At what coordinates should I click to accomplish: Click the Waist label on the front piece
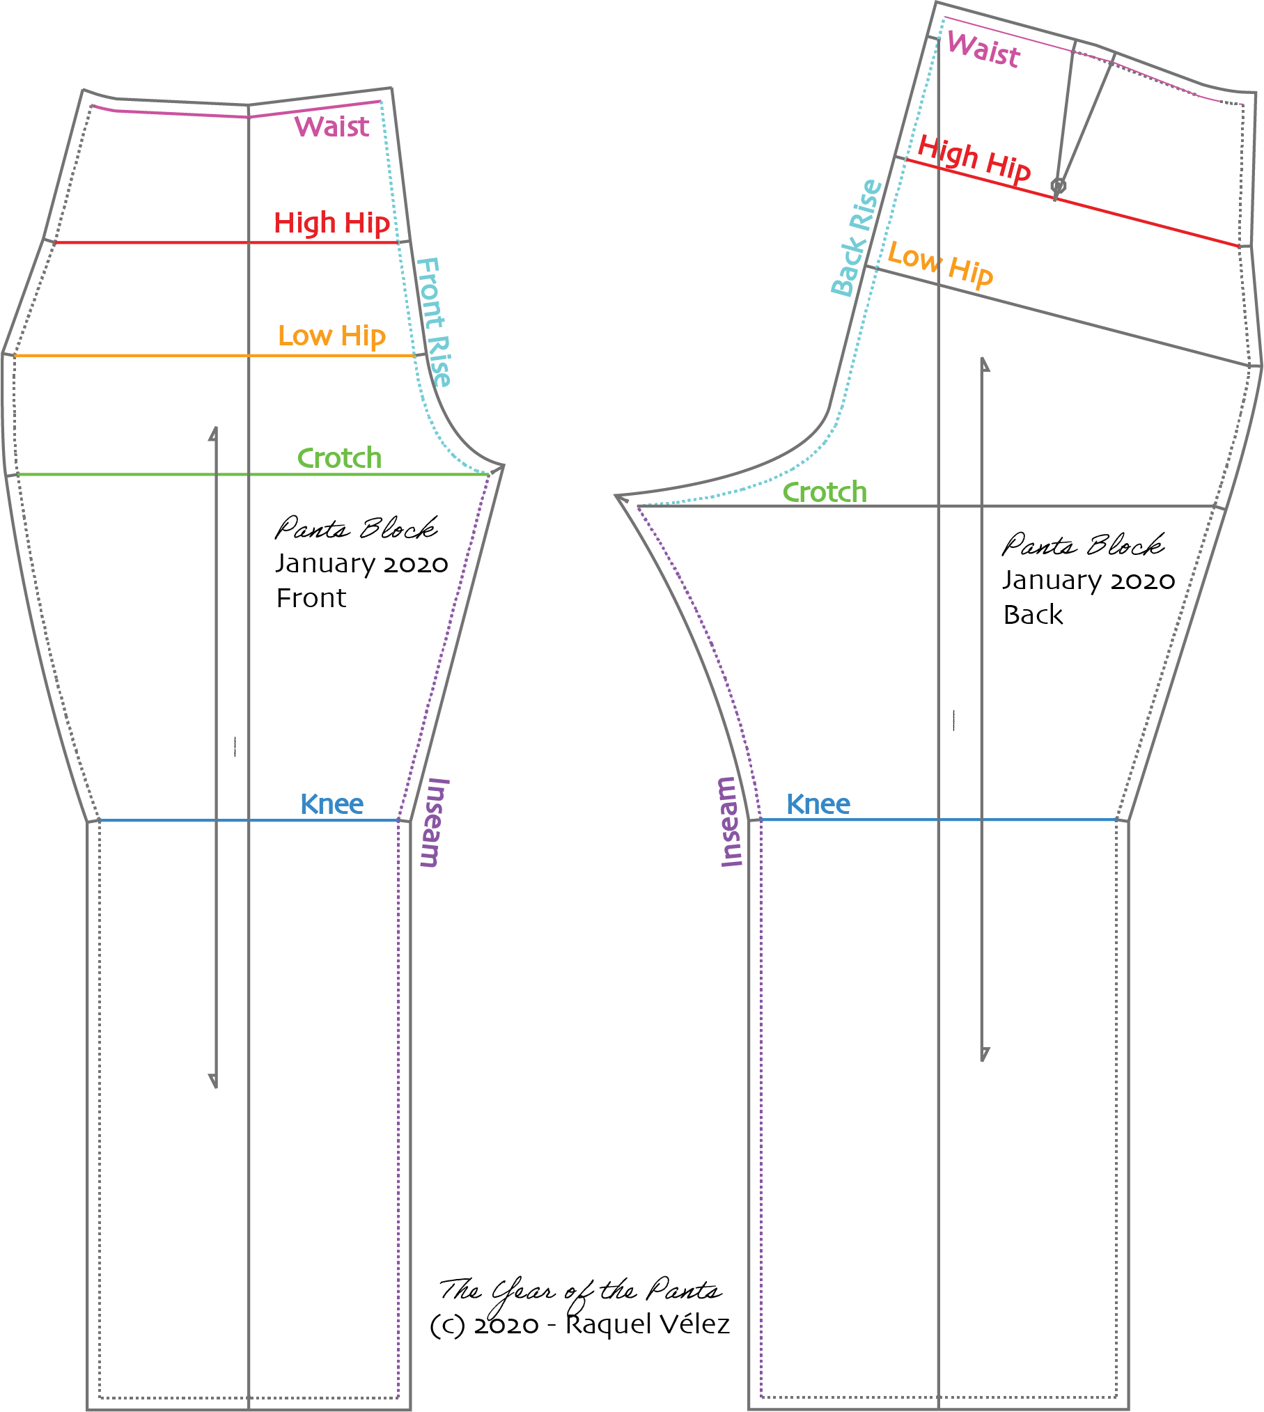tap(331, 127)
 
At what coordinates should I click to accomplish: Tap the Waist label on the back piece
tap(983, 49)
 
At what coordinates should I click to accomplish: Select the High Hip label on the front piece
tap(331, 223)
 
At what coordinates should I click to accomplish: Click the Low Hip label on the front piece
tap(331, 336)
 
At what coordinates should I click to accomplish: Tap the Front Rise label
tap(434, 322)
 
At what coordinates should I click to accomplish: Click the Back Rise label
tap(857, 238)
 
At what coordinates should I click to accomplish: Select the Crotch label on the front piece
tap(339, 458)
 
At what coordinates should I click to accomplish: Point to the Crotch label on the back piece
tap(825, 492)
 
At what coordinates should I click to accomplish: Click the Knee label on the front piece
tap(331, 804)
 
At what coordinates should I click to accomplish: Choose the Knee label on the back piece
tap(818, 804)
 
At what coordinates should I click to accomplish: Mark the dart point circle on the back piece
tap(1058, 186)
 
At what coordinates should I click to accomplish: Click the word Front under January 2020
tap(311, 598)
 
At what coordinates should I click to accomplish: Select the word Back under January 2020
tap(1033, 615)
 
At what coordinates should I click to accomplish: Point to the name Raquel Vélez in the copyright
tap(647, 1324)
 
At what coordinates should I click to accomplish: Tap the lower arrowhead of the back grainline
tap(983, 1054)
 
